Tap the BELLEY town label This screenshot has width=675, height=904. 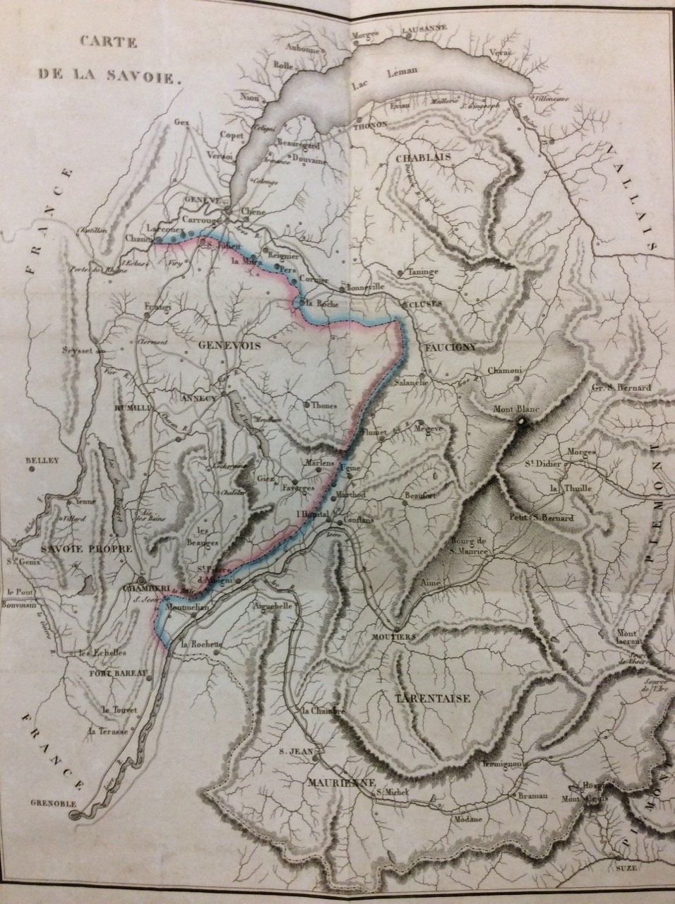coord(44,461)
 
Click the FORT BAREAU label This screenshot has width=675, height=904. coord(118,673)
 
